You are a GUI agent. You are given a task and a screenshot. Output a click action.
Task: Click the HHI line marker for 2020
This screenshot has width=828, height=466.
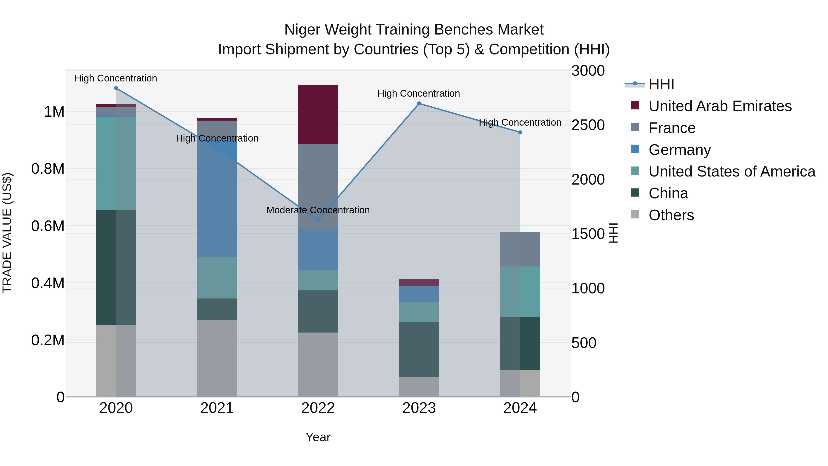pyautogui.click(x=116, y=88)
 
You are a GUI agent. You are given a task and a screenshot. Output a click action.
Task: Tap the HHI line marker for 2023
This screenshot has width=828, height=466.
pyautogui.click(x=419, y=104)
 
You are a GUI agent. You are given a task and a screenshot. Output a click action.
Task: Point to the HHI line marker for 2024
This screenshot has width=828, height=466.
pyautogui.click(x=520, y=132)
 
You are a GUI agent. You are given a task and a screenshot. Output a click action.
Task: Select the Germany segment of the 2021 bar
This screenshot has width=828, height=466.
pyautogui.click(x=217, y=199)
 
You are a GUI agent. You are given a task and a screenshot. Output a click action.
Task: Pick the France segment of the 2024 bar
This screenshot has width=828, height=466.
pyautogui.click(x=520, y=249)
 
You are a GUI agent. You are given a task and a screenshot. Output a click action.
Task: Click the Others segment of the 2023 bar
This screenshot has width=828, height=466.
pyautogui.click(x=419, y=387)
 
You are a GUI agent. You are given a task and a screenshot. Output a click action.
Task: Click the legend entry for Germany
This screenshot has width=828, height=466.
pyautogui.click(x=679, y=150)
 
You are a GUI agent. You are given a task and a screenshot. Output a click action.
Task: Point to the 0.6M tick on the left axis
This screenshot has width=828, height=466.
pyautogui.click(x=48, y=226)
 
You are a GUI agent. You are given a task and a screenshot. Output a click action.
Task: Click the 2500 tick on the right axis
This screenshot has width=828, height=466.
pyautogui.click(x=588, y=125)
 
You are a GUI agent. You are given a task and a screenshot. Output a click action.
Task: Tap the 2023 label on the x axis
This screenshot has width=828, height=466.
pyautogui.click(x=419, y=408)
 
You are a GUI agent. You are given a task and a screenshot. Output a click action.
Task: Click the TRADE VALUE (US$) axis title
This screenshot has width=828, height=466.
pyautogui.click(x=7, y=233)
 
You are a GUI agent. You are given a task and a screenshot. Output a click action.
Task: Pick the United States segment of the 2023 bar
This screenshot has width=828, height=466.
pyautogui.click(x=419, y=312)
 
